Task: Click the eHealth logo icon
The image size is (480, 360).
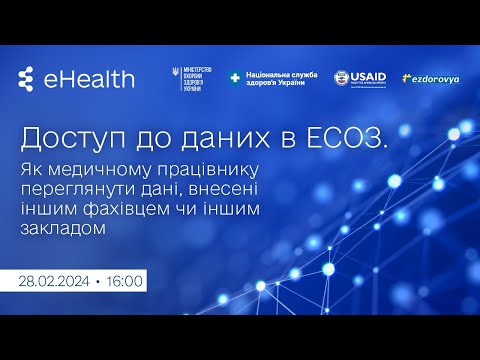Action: click(27, 79)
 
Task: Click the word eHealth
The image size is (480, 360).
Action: click(89, 79)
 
